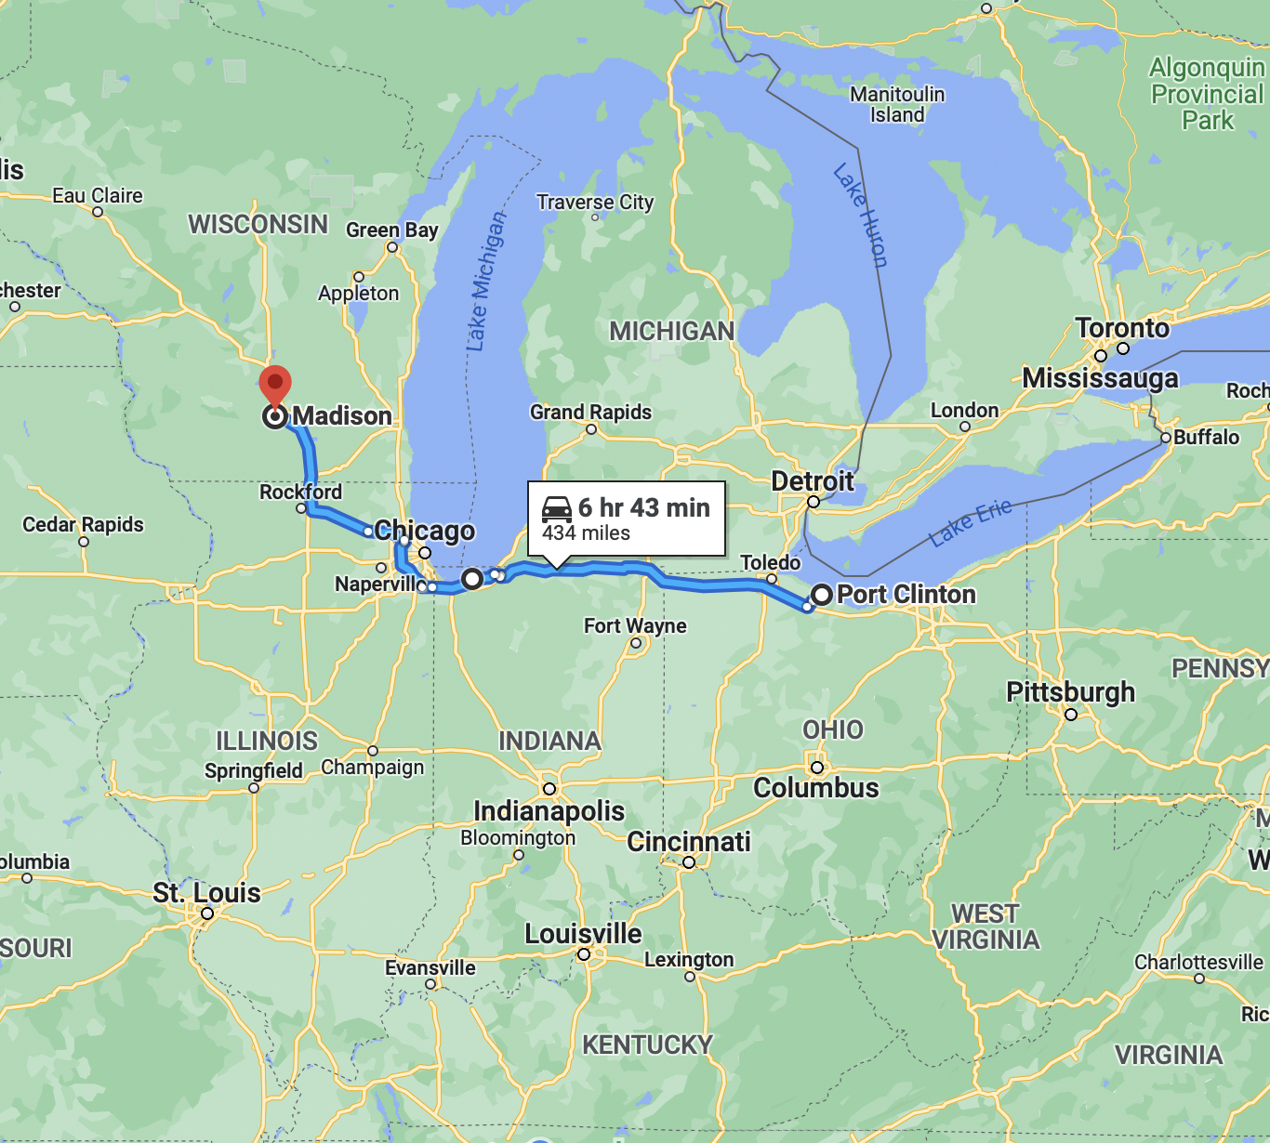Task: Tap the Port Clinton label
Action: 906,595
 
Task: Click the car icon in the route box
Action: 556,508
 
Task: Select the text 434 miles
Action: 586,533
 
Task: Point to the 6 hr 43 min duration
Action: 643,507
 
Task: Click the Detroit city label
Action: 812,481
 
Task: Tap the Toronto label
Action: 1122,328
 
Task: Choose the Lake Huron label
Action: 861,216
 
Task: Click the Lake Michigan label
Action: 487,281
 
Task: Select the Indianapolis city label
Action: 549,810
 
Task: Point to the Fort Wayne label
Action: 635,626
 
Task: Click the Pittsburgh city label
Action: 1070,692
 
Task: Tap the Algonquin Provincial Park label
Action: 1207,94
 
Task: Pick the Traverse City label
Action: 595,203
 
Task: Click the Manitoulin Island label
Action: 897,105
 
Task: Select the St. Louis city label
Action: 206,893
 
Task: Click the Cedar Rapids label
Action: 83,525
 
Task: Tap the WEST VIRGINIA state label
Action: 986,926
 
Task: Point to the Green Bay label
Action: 391,230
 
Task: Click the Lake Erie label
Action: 970,523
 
